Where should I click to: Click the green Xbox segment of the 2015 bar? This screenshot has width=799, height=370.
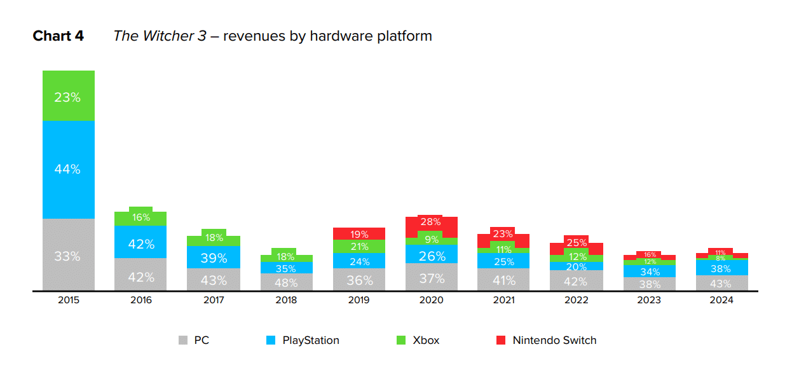69,97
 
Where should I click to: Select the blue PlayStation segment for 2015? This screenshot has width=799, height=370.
69,169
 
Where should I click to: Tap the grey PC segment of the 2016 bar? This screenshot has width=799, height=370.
140,276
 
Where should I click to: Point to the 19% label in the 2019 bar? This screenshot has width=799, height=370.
359,234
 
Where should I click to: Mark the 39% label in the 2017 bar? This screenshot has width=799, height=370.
213,257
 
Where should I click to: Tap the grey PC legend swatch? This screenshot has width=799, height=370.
183,341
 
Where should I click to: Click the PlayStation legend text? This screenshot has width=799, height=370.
311,341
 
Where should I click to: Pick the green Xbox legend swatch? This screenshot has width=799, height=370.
400,341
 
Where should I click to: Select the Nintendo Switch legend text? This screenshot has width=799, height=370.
555,341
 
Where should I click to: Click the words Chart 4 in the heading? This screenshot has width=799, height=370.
58,36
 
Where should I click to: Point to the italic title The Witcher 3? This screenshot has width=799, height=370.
160,36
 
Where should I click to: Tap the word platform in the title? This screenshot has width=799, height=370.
405,36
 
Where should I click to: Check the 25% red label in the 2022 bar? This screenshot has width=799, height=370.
577,243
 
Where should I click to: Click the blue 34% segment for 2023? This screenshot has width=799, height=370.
649,271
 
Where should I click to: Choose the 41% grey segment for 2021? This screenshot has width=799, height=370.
503,279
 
